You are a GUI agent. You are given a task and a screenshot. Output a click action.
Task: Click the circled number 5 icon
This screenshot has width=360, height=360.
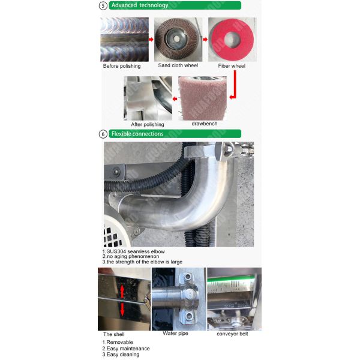103,6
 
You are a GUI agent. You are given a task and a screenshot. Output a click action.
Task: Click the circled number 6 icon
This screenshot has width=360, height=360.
103,134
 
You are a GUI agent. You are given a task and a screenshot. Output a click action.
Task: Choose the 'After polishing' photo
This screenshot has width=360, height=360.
144,98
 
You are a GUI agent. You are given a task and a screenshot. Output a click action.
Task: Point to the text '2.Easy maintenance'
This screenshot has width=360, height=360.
126,349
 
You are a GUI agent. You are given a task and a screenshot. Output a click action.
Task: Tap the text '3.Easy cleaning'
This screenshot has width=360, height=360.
121,355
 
